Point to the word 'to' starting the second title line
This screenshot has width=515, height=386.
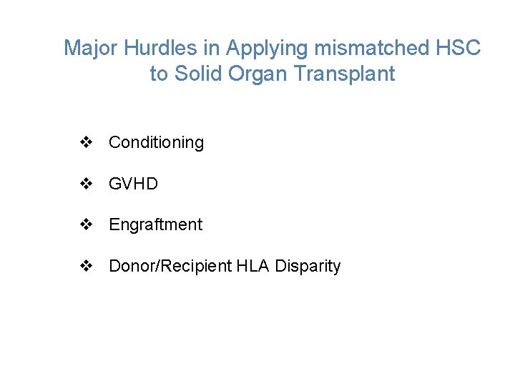pos(159,74)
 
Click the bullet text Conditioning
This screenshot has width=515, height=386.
pos(156,143)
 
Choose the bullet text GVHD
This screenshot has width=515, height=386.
pos(133,184)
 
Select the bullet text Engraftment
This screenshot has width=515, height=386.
pos(155,225)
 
